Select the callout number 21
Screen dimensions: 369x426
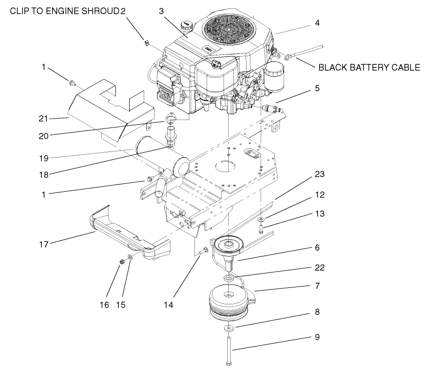44,119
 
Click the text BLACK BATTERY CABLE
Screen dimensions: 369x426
369,68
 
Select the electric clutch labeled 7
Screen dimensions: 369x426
229,302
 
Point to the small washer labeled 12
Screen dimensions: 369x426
261,219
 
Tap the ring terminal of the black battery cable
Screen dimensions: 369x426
287,57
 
